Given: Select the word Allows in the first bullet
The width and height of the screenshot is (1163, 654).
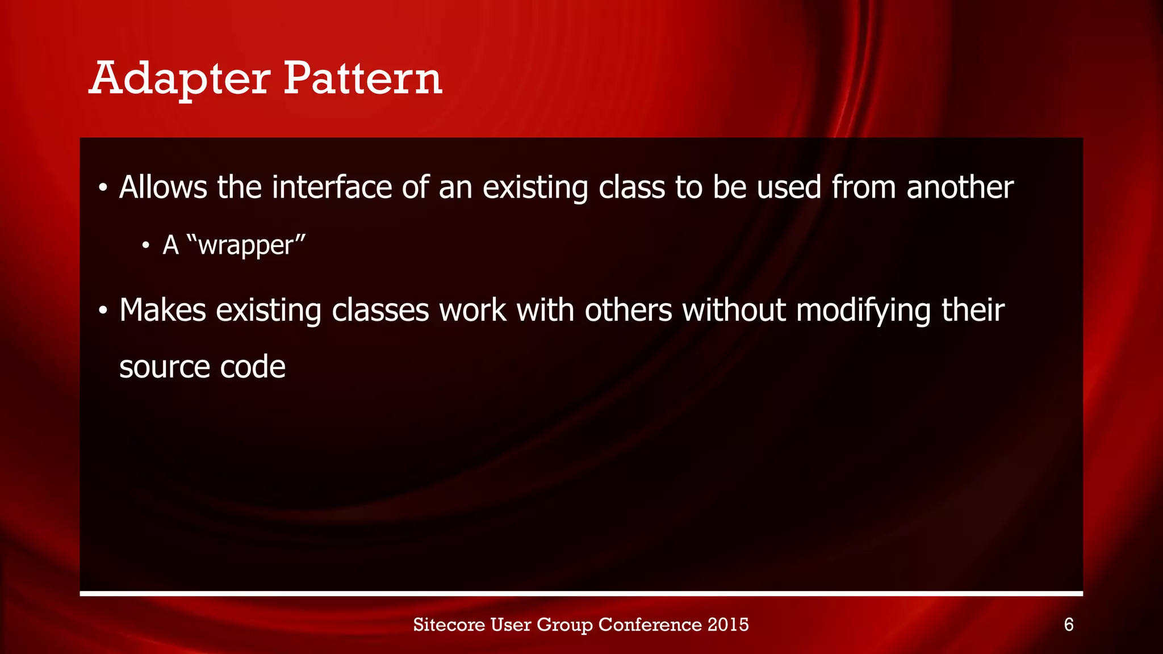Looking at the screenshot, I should (x=163, y=187).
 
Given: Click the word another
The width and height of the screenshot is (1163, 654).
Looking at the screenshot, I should (x=960, y=187).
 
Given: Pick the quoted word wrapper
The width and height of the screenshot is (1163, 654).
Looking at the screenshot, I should (x=245, y=245).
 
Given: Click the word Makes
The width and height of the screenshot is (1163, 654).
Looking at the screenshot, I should (x=162, y=311).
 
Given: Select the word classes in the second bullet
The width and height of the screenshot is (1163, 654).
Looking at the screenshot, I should (x=380, y=311).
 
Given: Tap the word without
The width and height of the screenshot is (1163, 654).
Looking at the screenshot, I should (x=734, y=311).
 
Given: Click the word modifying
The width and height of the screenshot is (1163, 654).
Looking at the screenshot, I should (x=863, y=312).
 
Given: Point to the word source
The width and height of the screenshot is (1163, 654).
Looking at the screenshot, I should (x=164, y=367).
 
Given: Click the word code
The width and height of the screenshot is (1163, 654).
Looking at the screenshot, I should (x=253, y=367).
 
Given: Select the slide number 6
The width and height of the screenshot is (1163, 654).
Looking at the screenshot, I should (x=1068, y=625).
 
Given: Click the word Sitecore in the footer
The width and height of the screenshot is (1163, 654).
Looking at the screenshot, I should (x=449, y=624).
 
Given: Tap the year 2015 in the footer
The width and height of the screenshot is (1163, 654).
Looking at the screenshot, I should (x=728, y=624).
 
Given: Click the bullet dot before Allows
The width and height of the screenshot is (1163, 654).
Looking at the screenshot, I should (x=102, y=188).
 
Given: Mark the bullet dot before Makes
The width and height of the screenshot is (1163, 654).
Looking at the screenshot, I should (x=102, y=311).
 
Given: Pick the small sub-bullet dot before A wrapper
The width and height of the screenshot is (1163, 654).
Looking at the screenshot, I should (x=146, y=246).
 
